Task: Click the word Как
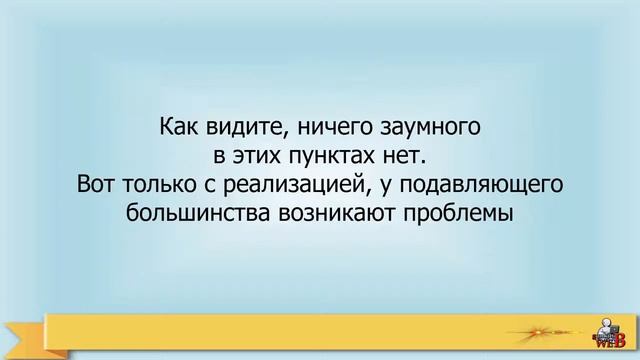pyautogui.click(x=179, y=129)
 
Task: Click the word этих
pyautogui.click(x=256, y=157)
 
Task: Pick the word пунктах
pyautogui.click(x=331, y=157)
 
